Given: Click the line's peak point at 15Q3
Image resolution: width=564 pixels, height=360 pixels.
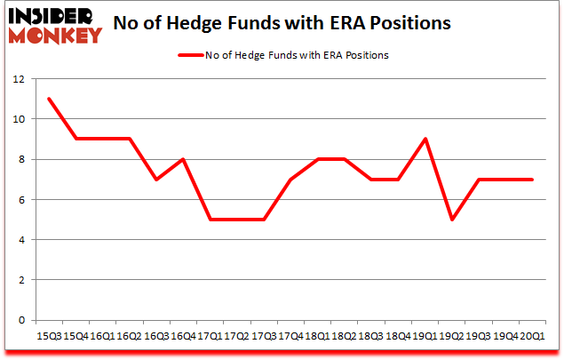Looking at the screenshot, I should [x=49, y=99].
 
